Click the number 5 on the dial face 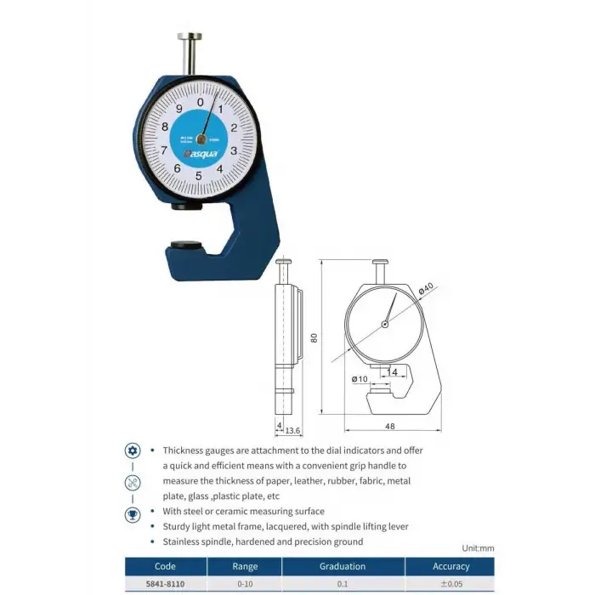(x=199, y=176)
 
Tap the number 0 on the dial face (x=201, y=102)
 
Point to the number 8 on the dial (x=164, y=126)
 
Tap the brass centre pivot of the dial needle (x=202, y=139)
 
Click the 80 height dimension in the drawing (x=314, y=337)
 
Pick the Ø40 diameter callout (x=427, y=289)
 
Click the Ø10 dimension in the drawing (x=359, y=378)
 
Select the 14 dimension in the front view (x=392, y=372)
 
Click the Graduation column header (x=343, y=566)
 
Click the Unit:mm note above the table (x=478, y=548)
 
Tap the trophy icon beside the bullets (x=133, y=514)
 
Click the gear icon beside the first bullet (x=133, y=450)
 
